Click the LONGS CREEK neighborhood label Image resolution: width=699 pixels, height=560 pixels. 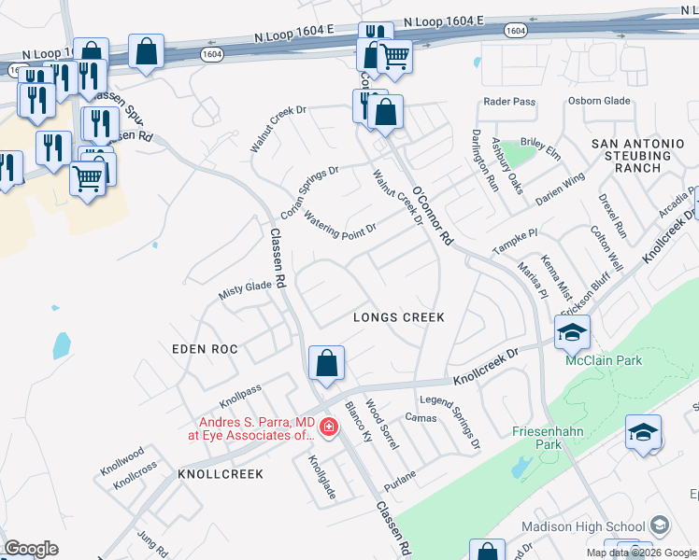[398, 317]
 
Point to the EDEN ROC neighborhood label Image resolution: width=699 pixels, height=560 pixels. [205, 348]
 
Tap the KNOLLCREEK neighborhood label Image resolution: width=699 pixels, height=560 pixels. [221, 474]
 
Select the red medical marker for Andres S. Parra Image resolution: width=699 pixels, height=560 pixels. [328, 427]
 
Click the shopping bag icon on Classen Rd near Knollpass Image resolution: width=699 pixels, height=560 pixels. [326, 362]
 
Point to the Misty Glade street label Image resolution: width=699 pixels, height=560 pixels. [244, 289]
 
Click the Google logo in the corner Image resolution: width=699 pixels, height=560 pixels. [31, 549]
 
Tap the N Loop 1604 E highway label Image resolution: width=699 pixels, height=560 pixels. [294, 35]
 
